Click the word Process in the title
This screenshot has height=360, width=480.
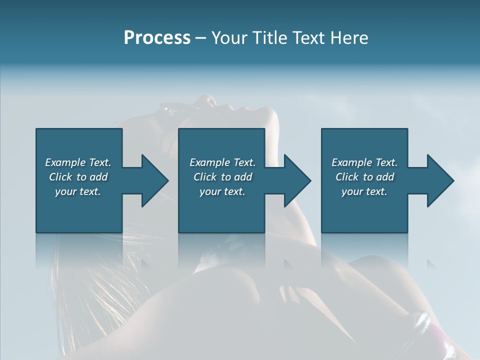[x=157, y=38]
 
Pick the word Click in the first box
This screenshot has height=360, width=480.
[x=61, y=177]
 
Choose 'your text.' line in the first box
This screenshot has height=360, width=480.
[x=78, y=191]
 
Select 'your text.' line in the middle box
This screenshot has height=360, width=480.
[x=222, y=191]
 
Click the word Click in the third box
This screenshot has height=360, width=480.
[x=347, y=177]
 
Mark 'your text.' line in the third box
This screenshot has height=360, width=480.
[x=364, y=191]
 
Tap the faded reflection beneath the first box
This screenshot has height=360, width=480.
[x=78, y=250]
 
